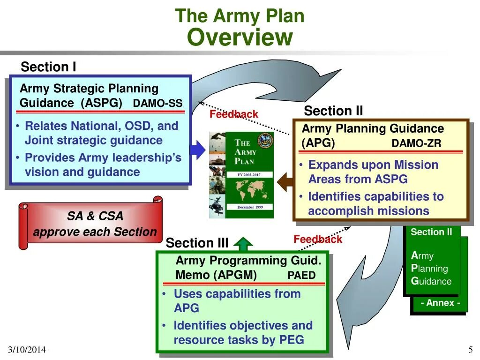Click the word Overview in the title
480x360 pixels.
240,37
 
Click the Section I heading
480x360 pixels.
48,67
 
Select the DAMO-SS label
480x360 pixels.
157,104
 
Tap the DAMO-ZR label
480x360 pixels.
416,143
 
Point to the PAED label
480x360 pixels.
301,275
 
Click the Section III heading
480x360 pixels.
197,243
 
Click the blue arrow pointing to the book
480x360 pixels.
198,150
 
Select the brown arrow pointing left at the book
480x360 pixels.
285,182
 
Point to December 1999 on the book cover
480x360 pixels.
249,207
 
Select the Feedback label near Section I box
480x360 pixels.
233,114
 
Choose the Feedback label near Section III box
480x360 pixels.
318,239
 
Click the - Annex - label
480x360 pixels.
440,303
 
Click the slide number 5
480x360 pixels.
470,350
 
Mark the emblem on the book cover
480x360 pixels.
265,140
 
